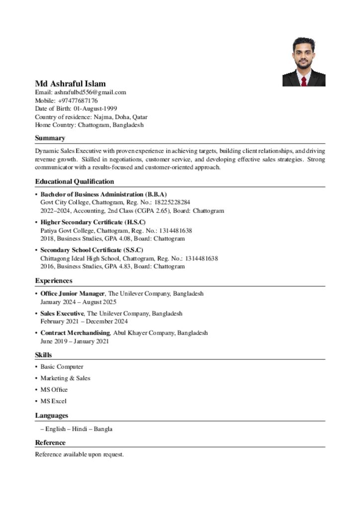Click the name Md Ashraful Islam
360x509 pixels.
point(70,84)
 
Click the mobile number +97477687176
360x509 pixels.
point(78,100)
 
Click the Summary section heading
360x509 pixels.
point(50,138)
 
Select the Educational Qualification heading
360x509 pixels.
point(74,181)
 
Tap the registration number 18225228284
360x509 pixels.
point(173,202)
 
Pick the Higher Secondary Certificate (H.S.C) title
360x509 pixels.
point(93,222)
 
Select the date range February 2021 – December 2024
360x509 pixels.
point(84,321)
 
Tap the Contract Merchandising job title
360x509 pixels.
point(75,333)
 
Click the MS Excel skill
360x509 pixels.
point(53,401)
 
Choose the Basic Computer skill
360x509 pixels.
point(62,367)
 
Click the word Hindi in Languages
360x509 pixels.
point(80,429)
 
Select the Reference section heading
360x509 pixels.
point(50,442)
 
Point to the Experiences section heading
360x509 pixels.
point(53,281)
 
